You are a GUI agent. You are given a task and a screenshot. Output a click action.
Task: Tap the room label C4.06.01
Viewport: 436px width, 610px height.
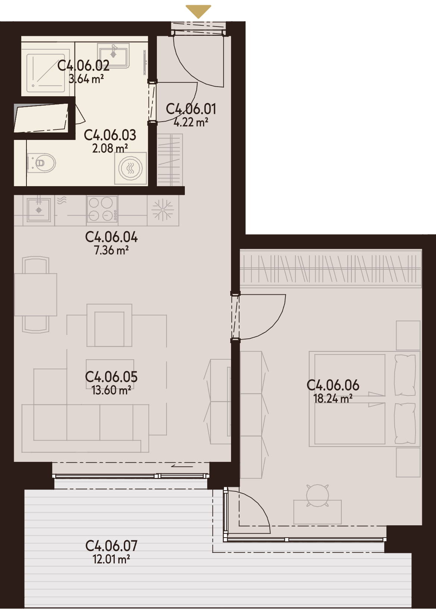point(191,109)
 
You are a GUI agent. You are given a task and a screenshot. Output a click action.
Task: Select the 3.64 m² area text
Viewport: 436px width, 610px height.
point(86,79)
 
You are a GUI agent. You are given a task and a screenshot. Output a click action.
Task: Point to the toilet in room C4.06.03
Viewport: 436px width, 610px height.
point(42,163)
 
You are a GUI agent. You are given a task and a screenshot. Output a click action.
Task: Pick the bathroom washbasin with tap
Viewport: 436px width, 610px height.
point(113,56)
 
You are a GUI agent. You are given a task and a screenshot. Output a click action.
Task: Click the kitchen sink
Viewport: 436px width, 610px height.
point(39,209)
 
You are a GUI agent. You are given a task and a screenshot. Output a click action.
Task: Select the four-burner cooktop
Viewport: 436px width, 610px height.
point(102,209)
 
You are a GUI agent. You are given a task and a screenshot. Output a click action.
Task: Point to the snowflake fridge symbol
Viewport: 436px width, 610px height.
point(162,210)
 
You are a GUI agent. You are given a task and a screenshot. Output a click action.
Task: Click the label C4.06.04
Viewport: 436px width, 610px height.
point(111,237)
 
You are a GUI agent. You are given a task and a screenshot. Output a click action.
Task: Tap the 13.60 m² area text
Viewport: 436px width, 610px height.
point(111,391)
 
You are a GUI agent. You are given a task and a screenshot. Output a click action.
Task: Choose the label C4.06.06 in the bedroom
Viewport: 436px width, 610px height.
point(333,385)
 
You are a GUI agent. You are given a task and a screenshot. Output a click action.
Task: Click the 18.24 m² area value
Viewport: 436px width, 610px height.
point(333,399)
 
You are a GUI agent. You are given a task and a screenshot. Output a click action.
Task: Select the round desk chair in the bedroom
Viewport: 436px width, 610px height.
point(317,495)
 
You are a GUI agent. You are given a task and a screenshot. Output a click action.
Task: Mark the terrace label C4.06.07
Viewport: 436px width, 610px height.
point(111,546)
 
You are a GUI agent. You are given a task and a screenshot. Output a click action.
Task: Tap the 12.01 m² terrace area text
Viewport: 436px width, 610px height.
point(111,560)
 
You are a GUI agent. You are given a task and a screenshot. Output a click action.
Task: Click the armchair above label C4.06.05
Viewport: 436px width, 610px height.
point(109,325)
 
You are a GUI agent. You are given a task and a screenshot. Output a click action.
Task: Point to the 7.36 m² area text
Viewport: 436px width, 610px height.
point(111,250)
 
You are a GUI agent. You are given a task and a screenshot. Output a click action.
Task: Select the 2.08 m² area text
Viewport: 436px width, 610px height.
point(110,149)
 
